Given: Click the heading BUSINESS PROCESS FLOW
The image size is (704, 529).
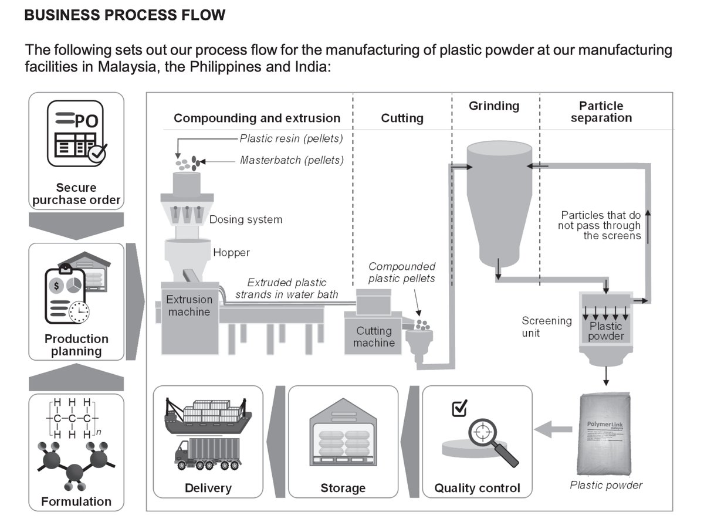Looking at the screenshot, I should tap(125, 15).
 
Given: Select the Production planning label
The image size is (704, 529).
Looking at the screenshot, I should tap(76, 345).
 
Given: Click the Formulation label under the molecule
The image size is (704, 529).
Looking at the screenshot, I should tap(76, 501).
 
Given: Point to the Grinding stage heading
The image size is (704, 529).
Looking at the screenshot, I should tap(494, 106).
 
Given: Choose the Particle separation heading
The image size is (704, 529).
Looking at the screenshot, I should tap(601, 111).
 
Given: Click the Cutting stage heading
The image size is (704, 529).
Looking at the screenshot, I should tap(402, 118).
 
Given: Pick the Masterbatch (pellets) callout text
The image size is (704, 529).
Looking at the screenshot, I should tap(292, 160).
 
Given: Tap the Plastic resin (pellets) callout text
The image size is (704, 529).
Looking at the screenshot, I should tap(291, 139).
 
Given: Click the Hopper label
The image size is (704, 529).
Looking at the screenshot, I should tap(231, 253).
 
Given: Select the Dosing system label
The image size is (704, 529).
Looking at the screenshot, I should tap(246, 220).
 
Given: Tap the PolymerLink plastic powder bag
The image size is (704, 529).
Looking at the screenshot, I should tap(606, 434).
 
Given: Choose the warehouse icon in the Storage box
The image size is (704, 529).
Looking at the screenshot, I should tap(343, 439).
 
